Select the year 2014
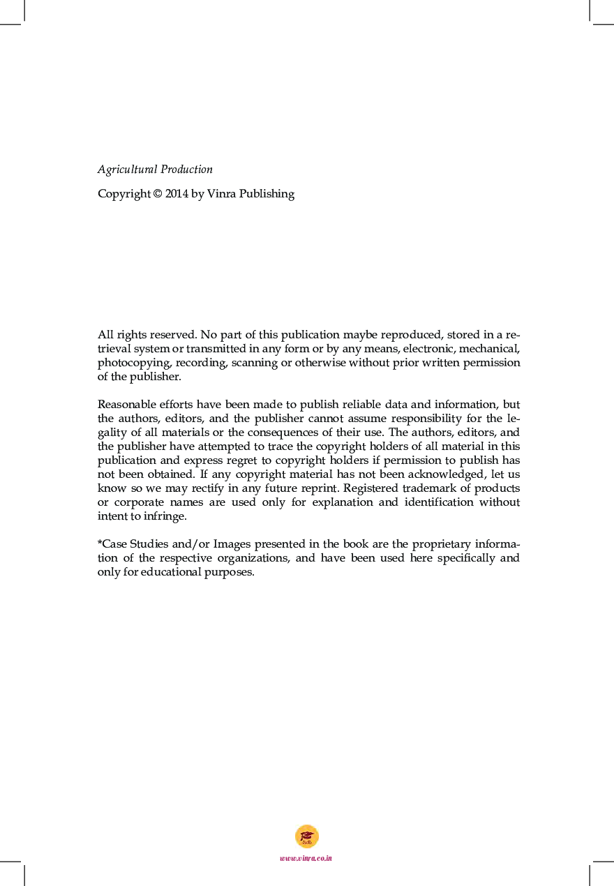pos(177,194)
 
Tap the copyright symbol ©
pos(157,194)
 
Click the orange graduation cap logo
pos(307,836)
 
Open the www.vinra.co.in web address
pos(306,858)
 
